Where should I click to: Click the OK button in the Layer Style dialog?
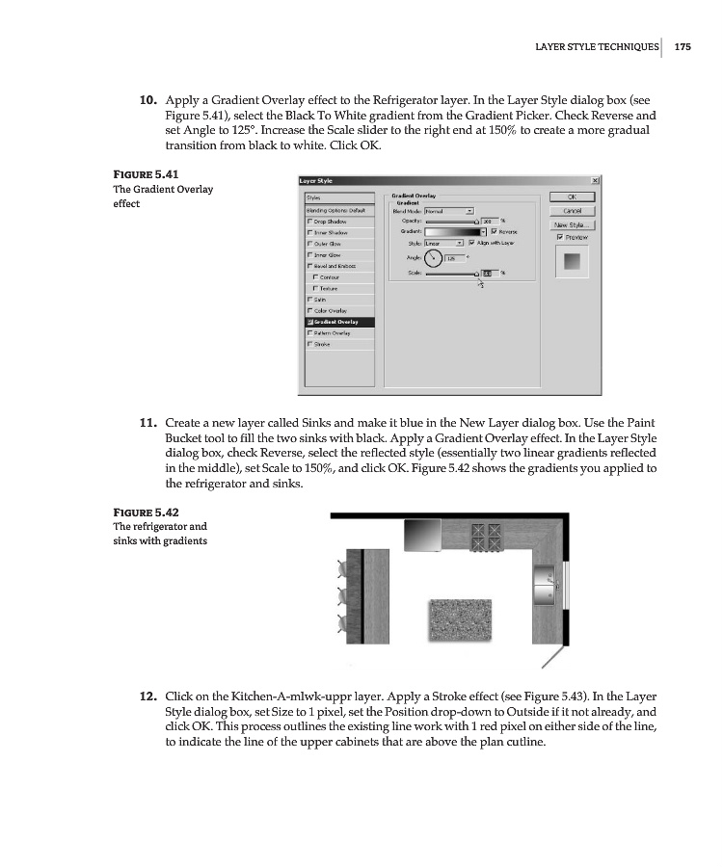point(573,197)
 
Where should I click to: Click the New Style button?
point(573,224)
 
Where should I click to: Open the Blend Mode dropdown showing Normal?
point(469,210)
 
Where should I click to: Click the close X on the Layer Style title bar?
point(594,180)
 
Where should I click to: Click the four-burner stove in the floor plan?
point(487,534)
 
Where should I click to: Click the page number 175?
point(683,45)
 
